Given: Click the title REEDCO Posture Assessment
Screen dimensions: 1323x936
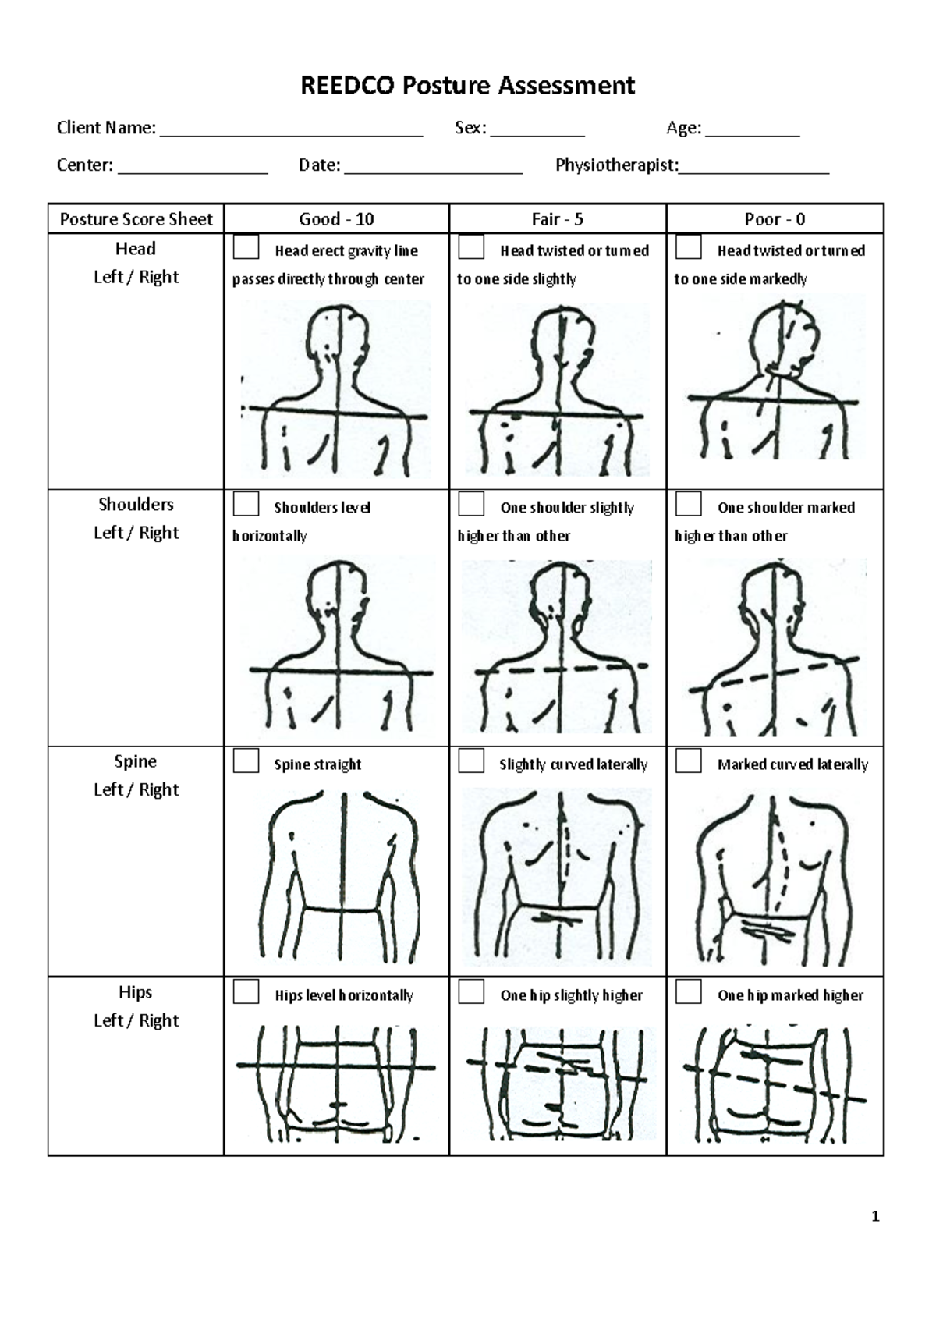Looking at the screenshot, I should pos(468,85).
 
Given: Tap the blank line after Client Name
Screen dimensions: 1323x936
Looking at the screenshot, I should pos(291,134).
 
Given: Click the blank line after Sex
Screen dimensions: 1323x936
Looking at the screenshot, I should pos(537,134).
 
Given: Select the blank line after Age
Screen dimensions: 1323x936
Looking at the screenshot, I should pos(752,134).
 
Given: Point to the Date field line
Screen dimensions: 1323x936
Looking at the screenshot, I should pos(433,171).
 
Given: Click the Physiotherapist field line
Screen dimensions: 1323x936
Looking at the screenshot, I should pos(753,171).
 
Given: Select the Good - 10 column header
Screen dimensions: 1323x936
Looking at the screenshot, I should pos(336,219).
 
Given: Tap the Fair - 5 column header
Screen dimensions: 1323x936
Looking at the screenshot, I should pos(557,219).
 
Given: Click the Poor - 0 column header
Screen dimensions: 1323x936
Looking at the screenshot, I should pos(774,219).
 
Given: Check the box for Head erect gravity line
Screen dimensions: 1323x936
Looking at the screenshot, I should pos(246,248).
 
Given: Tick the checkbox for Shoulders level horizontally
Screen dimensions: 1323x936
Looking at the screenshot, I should pos(246,505).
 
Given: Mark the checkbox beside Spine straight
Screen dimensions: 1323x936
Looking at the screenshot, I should pos(246,761).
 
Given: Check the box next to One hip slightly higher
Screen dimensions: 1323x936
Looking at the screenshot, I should pos(471,992).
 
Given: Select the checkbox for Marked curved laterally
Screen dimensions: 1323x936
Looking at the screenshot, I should pos(688,761).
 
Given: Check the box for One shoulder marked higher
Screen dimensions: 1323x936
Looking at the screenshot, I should pos(688,505).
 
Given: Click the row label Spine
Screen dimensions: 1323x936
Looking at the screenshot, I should pos(136,761).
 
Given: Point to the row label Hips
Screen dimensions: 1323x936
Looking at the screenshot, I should pos(136,992).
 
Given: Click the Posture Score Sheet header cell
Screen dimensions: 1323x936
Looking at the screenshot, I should pos(136,219).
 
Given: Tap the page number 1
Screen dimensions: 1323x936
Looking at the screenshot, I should pos(876,1216).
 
